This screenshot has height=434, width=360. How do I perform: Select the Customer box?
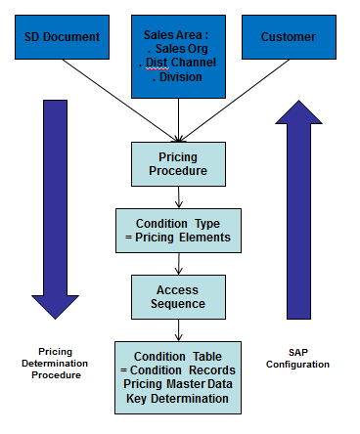(x=288, y=37)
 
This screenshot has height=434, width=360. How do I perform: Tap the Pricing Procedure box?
(x=177, y=164)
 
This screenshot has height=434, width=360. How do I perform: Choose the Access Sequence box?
(x=177, y=296)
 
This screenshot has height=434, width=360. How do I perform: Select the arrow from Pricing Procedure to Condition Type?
(x=177, y=195)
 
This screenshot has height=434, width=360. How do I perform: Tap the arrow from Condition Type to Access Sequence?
(x=177, y=262)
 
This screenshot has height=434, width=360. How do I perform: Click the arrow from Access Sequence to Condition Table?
(x=177, y=329)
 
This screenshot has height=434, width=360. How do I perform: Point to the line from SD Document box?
(x=117, y=93)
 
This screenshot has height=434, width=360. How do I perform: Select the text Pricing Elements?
(x=185, y=236)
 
